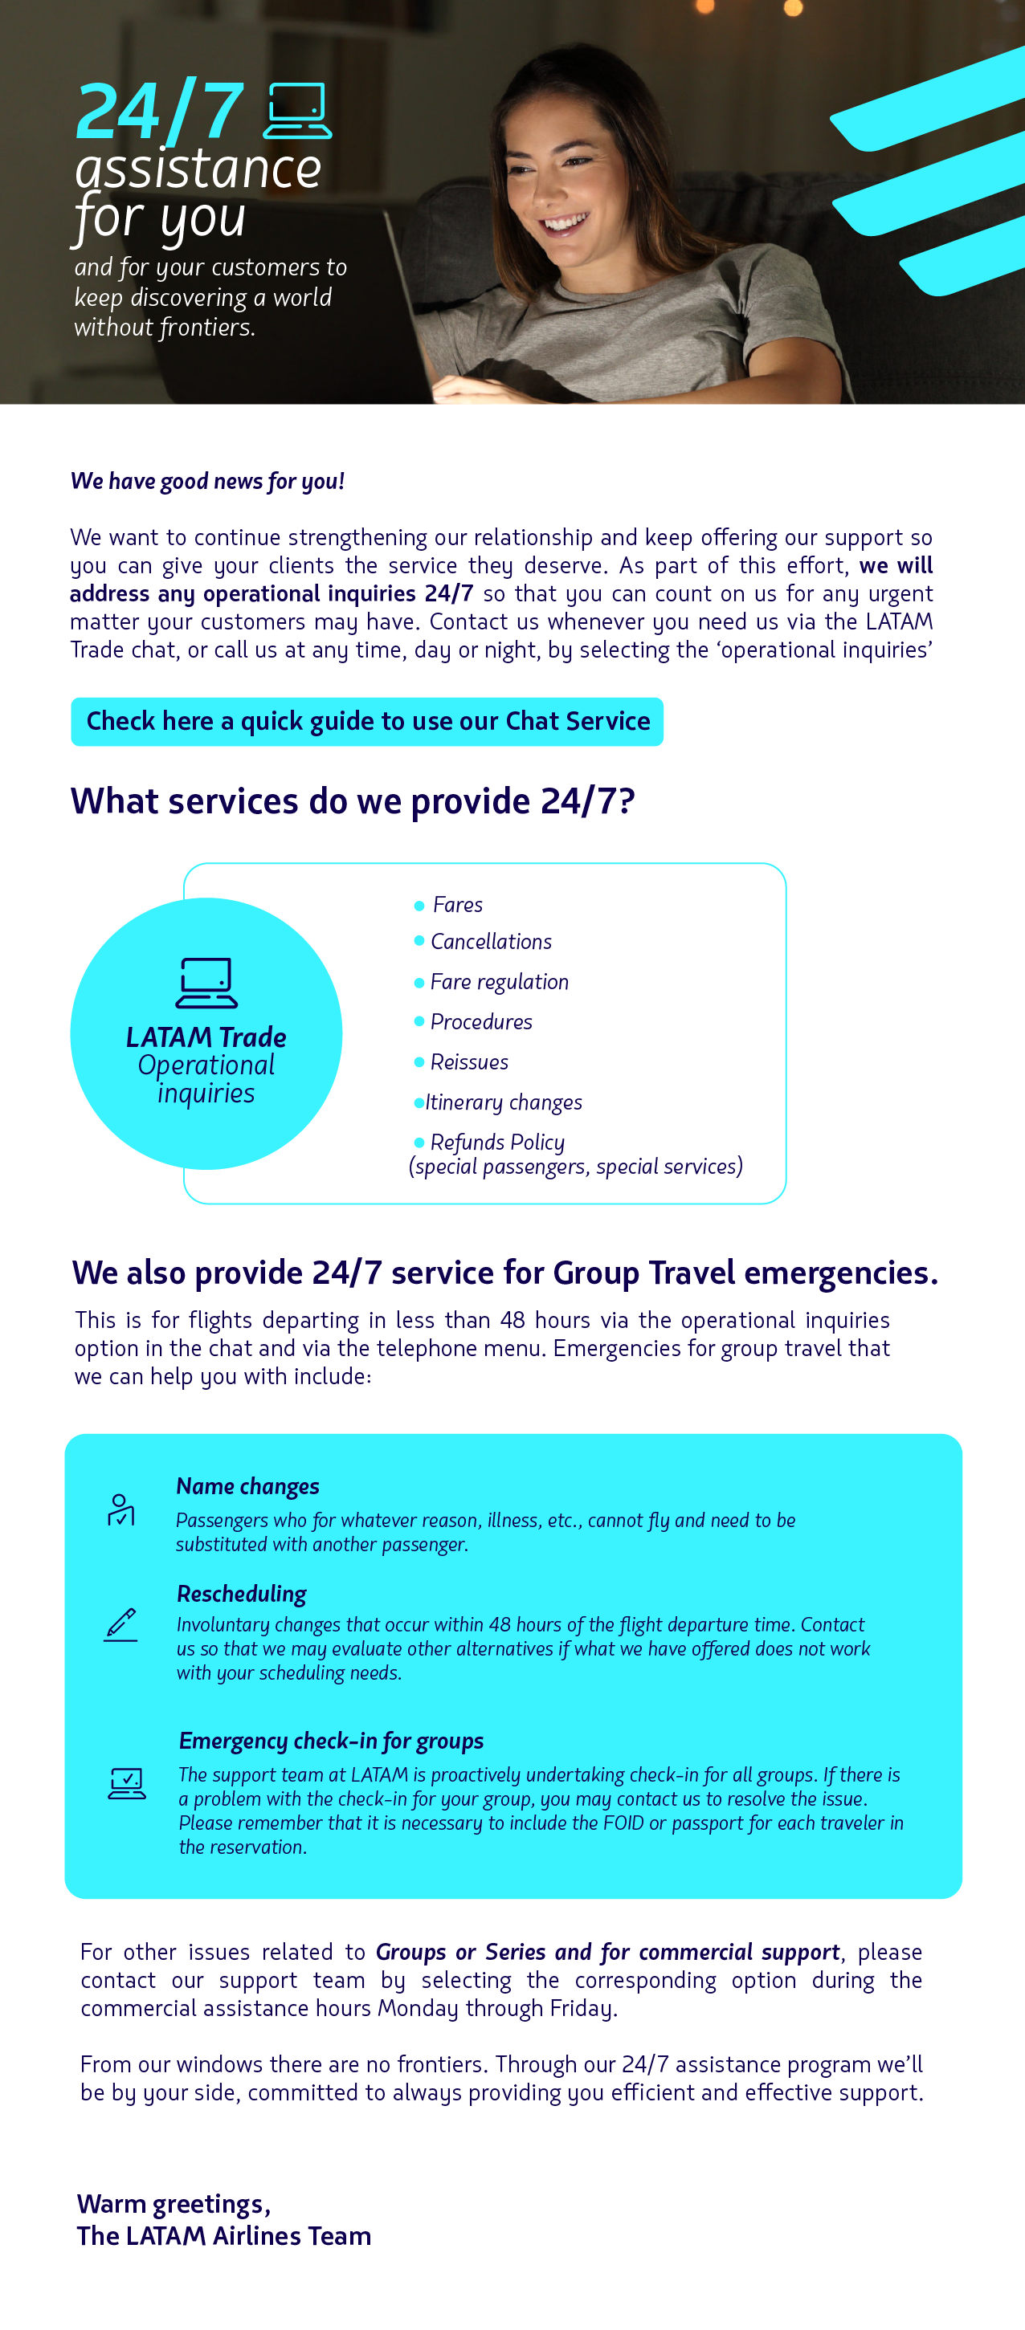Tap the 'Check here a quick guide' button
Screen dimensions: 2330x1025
(x=366, y=722)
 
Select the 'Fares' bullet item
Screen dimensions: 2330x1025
(x=457, y=905)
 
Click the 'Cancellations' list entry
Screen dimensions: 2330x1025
(x=490, y=942)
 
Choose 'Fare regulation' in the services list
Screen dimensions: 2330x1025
(x=499, y=981)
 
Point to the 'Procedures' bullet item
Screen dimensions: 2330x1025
(x=480, y=1021)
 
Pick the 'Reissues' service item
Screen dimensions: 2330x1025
(x=468, y=1062)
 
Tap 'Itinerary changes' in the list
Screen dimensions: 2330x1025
(x=503, y=1102)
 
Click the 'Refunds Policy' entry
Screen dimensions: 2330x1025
(x=496, y=1143)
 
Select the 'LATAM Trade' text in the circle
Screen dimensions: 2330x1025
(x=206, y=1037)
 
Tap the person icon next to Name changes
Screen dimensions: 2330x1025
(x=120, y=1509)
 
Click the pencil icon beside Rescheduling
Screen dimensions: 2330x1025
(x=120, y=1624)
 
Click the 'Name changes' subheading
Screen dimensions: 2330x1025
(x=247, y=1486)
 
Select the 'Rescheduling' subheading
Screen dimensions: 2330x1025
(x=241, y=1593)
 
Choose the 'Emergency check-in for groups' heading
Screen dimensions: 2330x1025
(x=331, y=1740)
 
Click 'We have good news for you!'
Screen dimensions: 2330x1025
(x=207, y=481)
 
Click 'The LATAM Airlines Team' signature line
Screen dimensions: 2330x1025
(x=223, y=2236)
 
